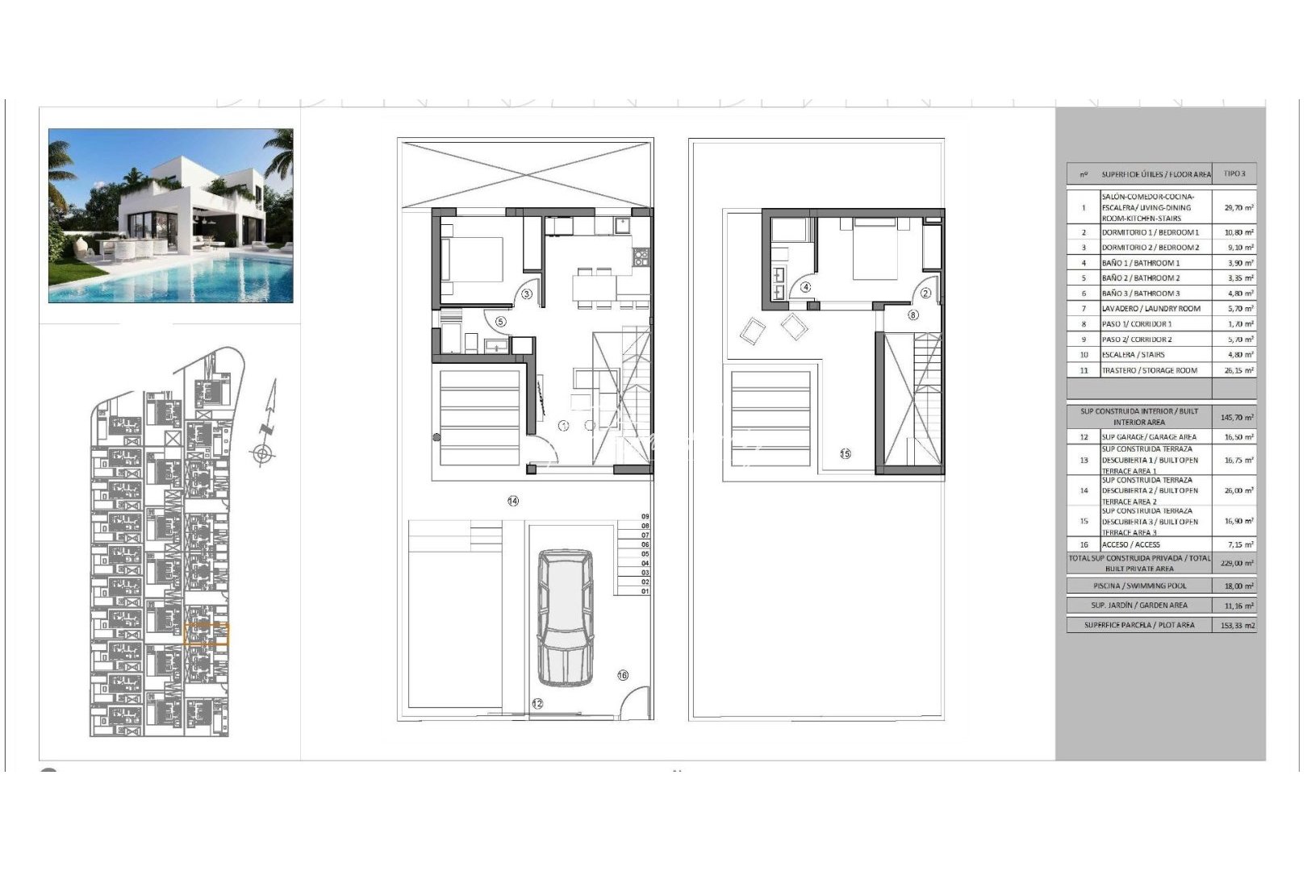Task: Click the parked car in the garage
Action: (x=565, y=617)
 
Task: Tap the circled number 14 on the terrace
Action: (x=513, y=501)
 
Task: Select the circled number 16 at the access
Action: (x=623, y=675)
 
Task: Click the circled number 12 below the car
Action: (x=537, y=703)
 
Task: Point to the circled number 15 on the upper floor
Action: (x=846, y=453)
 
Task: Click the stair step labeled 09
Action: (x=645, y=516)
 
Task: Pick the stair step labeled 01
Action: (x=645, y=591)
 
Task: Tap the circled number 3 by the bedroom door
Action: (x=527, y=294)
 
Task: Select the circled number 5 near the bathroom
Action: (x=500, y=321)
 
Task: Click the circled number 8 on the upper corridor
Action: (x=913, y=315)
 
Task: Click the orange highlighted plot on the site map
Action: (x=207, y=636)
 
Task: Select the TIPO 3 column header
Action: (x=1234, y=173)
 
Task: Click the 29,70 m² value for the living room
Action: (x=1238, y=207)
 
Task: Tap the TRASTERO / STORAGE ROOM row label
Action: (x=1149, y=370)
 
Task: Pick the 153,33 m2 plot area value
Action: (x=1238, y=625)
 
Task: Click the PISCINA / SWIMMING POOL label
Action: (x=1139, y=586)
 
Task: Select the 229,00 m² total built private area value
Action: (x=1238, y=563)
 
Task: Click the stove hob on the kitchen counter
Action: (x=641, y=257)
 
